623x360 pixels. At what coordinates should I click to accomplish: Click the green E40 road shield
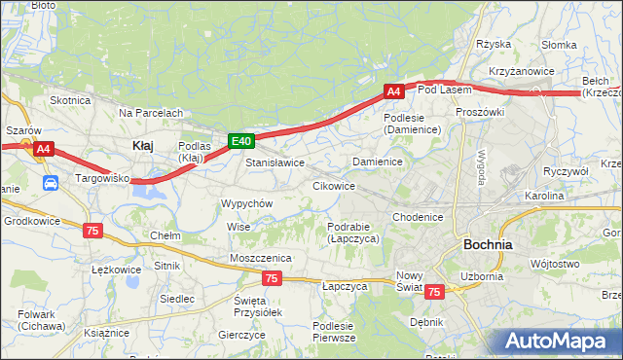pyautogui.click(x=242, y=142)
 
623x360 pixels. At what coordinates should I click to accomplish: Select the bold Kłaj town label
pyautogui.click(x=142, y=145)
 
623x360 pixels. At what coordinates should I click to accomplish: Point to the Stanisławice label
pyautogui.click(x=275, y=162)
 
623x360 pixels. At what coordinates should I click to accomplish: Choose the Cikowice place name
pyautogui.click(x=333, y=185)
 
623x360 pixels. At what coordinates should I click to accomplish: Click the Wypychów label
pyautogui.click(x=246, y=203)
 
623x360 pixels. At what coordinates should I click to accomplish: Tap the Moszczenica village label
pyautogui.click(x=262, y=257)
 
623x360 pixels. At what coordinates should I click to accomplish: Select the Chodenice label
pyautogui.click(x=419, y=217)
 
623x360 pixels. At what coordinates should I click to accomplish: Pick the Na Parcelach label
pyautogui.click(x=151, y=113)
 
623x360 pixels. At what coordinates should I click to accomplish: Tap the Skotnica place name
pyautogui.click(x=70, y=100)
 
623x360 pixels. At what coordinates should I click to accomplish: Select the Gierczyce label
pyautogui.click(x=242, y=334)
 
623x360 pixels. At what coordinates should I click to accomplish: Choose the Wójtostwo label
pyautogui.click(x=555, y=264)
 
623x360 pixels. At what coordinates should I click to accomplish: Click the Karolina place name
pyautogui.click(x=543, y=196)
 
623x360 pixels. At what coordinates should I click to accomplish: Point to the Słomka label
pyautogui.click(x=560, y=45)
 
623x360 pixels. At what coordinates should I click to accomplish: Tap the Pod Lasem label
pyautogui.click(x=444, y=90)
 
